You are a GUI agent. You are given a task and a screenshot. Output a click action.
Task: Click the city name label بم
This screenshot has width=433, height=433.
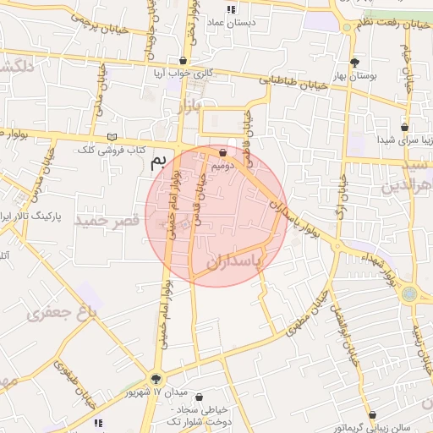point(155,162)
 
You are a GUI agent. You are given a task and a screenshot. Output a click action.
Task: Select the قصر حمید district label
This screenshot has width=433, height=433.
point(107,221)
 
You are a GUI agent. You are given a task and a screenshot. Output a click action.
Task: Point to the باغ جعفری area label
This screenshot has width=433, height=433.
point(61,314)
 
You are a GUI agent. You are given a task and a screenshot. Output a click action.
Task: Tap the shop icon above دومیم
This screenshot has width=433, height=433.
point(222,153)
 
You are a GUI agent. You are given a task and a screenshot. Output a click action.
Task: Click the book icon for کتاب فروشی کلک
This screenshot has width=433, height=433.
point(113,136)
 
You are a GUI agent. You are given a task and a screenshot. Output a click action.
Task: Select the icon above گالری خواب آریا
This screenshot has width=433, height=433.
point(184,61)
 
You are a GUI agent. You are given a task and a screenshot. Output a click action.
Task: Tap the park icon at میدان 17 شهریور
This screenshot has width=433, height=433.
point(155,378)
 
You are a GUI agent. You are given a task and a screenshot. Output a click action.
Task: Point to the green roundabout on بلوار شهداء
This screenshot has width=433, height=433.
point(410,294)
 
